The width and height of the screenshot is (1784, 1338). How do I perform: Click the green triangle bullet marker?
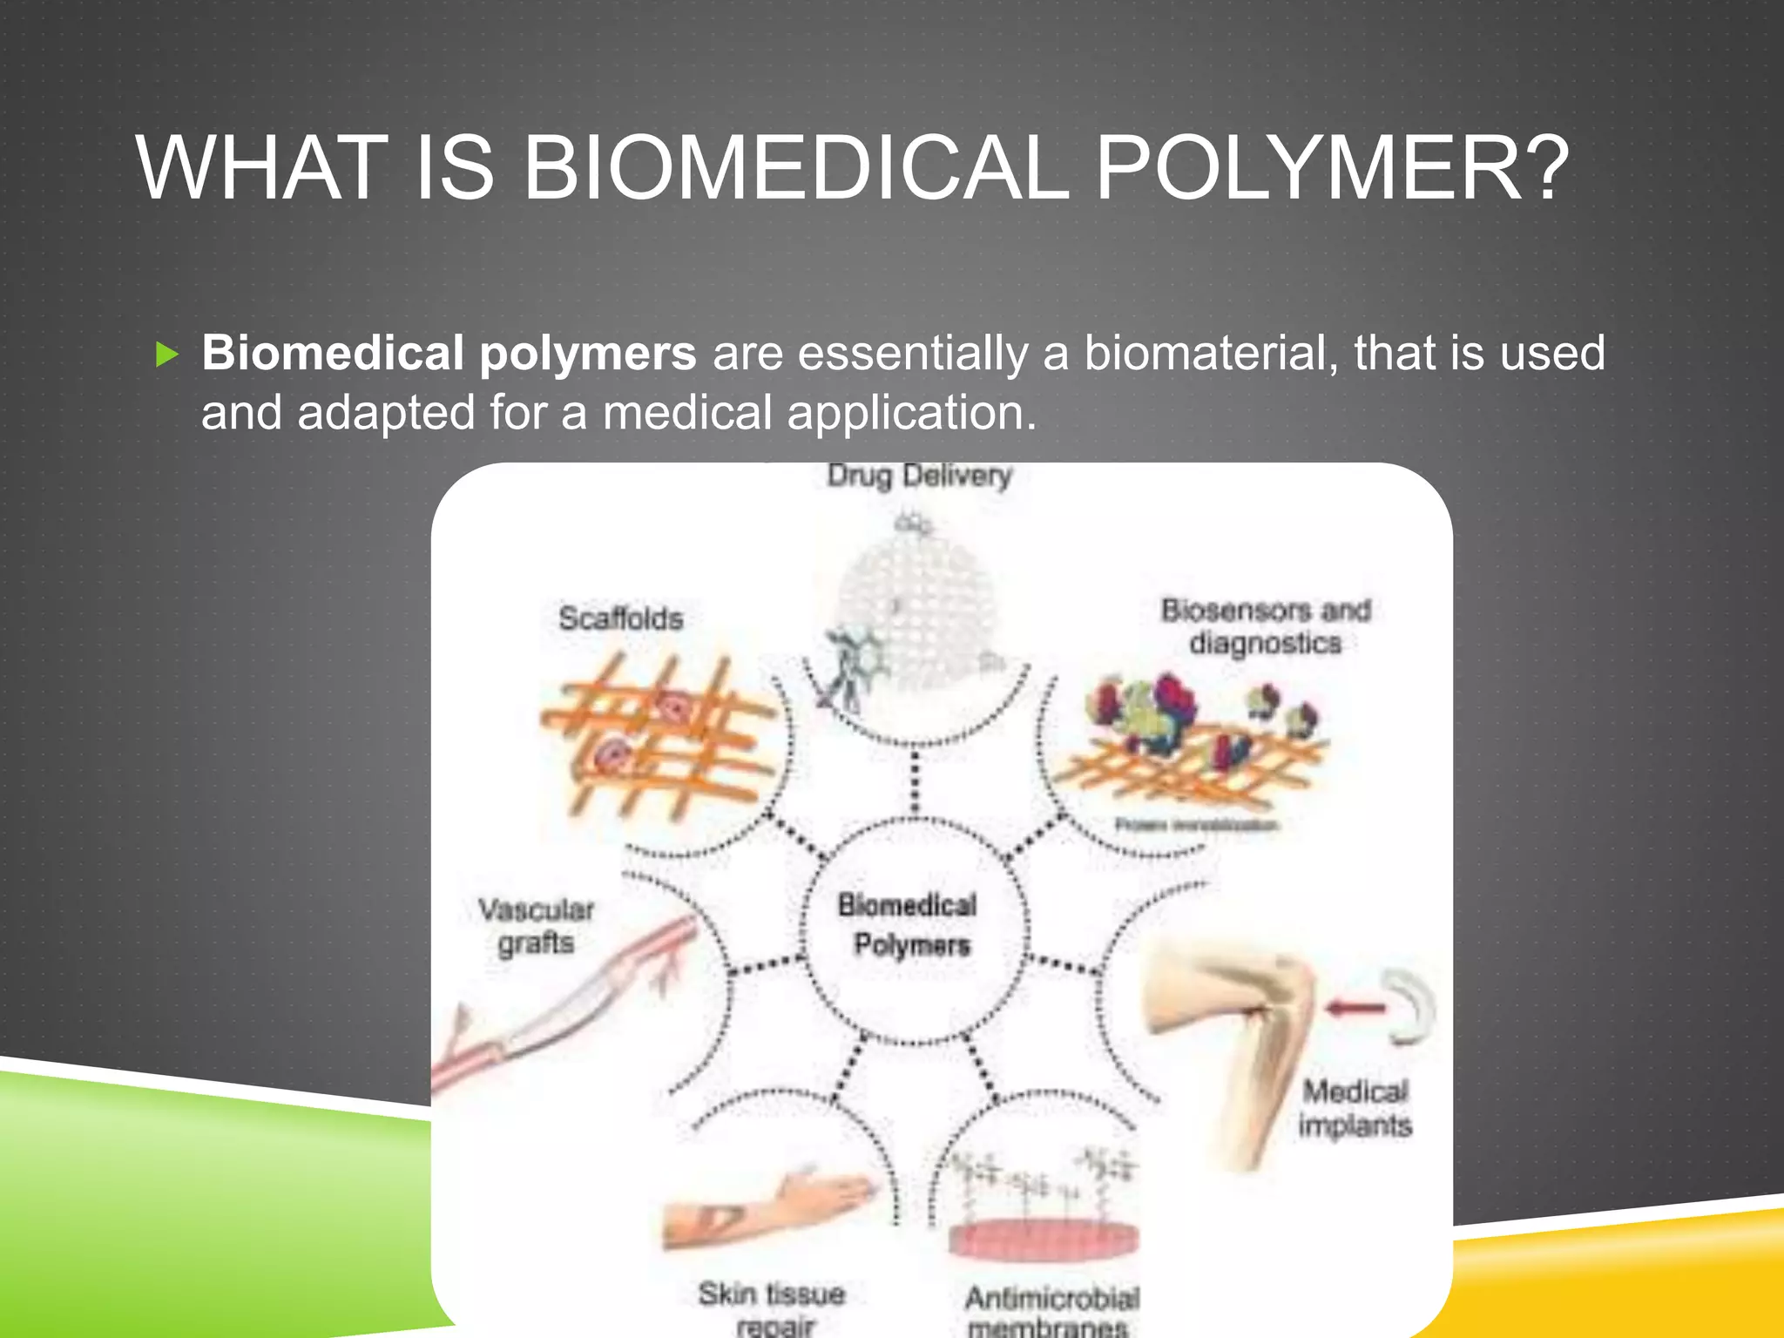[x=166, y=355]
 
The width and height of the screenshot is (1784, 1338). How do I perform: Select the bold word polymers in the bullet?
[x=588, y=353]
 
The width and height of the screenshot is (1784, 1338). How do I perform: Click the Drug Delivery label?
[x=919, y=476]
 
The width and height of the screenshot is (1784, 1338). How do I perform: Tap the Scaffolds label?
[x=620, y=618]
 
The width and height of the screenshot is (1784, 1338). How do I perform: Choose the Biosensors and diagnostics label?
[x=1266, y=626]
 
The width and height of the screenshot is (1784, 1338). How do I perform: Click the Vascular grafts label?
[x=536, y=926]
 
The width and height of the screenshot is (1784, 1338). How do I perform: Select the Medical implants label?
[x=1355, y=1108]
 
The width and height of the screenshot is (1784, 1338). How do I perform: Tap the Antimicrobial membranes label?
[x=1051, y=1312]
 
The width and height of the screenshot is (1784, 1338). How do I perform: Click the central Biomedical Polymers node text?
[x=909, y=924]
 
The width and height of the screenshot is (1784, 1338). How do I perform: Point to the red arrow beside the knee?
[x=1355, y=1009]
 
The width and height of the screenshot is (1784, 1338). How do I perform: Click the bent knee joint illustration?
[x=1237, y=1037]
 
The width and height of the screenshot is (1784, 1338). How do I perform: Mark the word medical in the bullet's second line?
[x=687, y=412]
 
